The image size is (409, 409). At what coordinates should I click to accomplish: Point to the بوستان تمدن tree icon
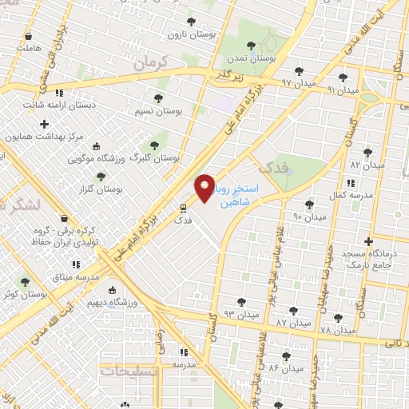pyautogui.click(x=252, y=46)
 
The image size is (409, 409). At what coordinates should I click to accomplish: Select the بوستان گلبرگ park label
pyautogui.click(x=168, y=158)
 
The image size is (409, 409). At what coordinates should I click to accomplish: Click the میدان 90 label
pyautogui.click(x=309, y=216)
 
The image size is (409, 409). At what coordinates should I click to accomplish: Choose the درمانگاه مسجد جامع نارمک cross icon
pyautogui.click(x=368, y=240)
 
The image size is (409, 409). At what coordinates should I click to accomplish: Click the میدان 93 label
pyautogui.click(x=242, y=314)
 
